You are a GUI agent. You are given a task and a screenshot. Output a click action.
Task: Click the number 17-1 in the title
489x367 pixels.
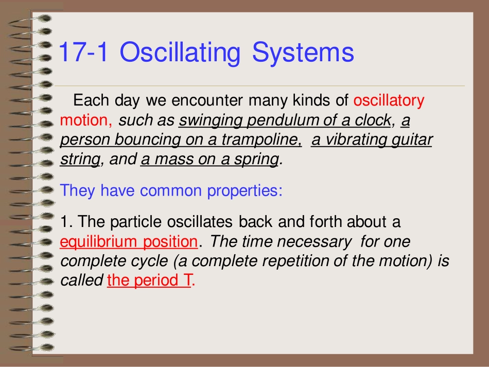coord(84,53)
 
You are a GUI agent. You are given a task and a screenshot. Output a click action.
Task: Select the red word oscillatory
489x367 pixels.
coord(389,100)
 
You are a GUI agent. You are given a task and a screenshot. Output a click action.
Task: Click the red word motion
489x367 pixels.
coord(84,120)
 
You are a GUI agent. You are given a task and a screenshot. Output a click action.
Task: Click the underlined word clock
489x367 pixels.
coord(372,120)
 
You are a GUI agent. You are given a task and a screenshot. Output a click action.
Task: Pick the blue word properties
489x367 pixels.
coord(244,191)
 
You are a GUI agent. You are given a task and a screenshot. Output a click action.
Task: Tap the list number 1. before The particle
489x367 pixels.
coord(65,222)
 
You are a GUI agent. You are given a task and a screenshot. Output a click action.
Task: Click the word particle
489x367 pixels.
coord(136,222)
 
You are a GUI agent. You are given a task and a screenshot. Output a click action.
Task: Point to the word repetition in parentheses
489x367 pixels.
coord(301,261)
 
